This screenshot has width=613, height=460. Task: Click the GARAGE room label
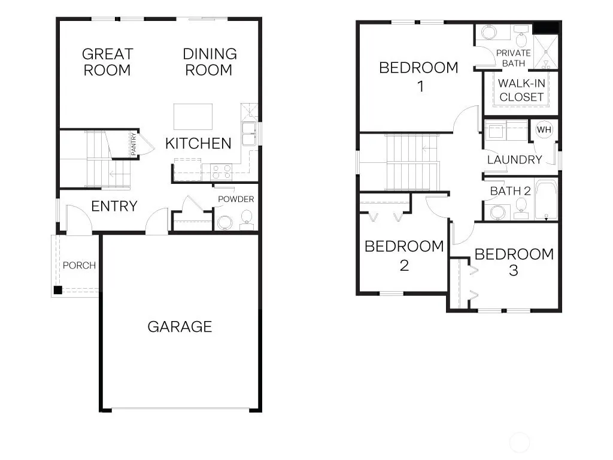tap(180, 326)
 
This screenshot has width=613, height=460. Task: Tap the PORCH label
tap(80, 265)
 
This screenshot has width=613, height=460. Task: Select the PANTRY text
tap(133, 144)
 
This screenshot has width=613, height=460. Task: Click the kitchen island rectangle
tap(193, 117)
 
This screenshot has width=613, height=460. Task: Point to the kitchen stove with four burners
tap(221, 172)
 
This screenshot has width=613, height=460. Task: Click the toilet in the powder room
tap(246, 219)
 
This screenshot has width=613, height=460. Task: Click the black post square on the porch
tap(58, 290)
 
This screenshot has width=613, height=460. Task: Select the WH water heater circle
tap(544, 130)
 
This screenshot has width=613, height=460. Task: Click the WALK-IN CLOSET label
tap(521, 90)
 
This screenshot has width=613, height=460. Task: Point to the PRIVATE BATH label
tap(513, 58)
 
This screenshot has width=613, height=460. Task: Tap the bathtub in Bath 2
tap(546, 199)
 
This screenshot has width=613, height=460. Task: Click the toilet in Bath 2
tap(521, 208)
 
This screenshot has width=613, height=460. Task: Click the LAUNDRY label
tap(514, 159)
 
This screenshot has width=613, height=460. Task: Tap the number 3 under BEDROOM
tap(514, 270)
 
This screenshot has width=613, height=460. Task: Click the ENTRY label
tap(114, 206)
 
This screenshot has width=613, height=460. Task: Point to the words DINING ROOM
tap(210, 62)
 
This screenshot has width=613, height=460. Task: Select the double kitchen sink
tap(248, 134)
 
